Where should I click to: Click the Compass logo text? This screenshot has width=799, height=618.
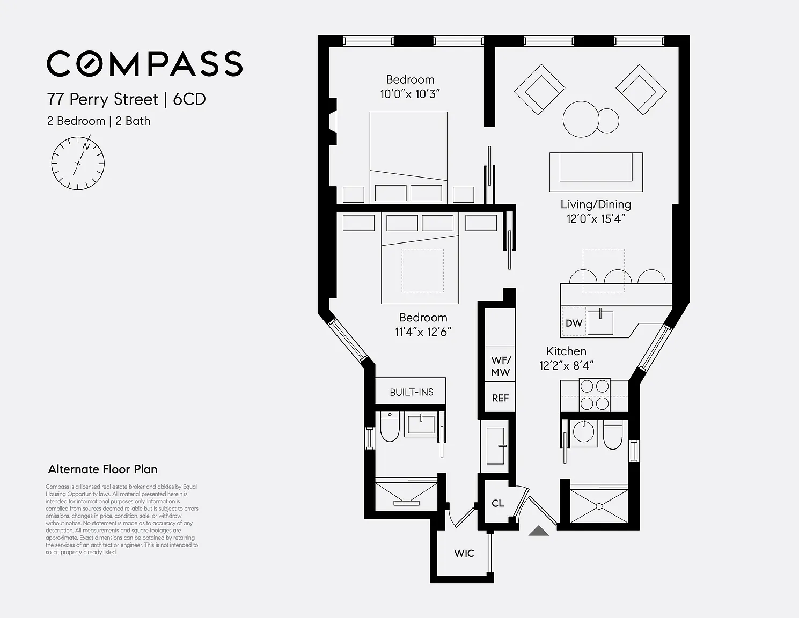coord(144,63)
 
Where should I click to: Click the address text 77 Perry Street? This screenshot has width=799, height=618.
coord(102,99)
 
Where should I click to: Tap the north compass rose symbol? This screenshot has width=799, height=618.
coord(78,163)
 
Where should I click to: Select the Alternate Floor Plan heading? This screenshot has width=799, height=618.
coord(102,469)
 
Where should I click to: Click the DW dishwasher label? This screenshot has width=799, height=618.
coord(574,323)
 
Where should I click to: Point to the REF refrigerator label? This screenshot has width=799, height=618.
coord(501,398)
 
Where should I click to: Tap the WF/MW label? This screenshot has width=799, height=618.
coord(501,366)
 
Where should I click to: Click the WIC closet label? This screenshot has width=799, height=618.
coord(464,553)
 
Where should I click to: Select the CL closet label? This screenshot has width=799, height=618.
coord(497,503)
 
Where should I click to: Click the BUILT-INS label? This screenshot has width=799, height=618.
coord(412,392)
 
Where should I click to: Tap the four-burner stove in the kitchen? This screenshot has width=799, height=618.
coord(594,395)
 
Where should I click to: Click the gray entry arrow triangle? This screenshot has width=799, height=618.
coord(539,531)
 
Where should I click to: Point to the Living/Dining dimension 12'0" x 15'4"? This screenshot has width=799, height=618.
coord(596,219)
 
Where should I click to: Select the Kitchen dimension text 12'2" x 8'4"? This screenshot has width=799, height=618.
coord(566,365)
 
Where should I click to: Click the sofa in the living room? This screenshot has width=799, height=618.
coord(596,172)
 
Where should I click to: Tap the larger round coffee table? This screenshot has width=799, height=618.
coord(581,120)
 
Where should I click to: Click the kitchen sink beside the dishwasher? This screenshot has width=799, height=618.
coord(600,322)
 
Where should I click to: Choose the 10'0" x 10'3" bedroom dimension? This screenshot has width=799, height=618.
coord(410,94)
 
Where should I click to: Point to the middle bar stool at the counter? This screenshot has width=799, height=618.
coord(618,276)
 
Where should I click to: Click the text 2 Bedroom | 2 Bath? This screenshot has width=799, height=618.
coord(99,121)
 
